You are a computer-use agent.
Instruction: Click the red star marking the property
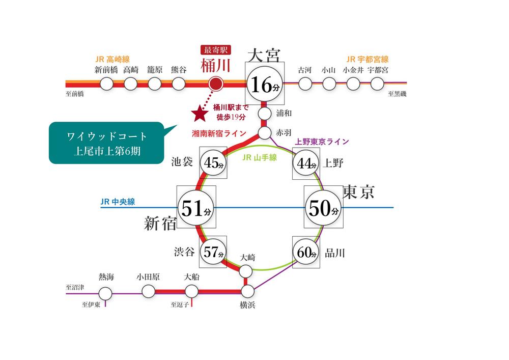tap(200, 113)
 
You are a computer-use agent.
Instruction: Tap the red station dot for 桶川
tap(216, 84)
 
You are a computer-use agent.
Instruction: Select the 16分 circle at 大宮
tap(265, 84)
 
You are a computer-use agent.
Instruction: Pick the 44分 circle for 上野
tap(306, 163)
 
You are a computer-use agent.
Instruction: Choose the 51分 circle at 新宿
tap(196, 207)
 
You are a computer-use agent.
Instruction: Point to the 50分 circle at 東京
tap(323, 207)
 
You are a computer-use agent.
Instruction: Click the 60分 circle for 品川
tap(306, 252)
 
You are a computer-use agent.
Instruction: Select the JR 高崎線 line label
tap(112, 60)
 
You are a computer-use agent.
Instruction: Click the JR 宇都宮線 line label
tap(367, 60)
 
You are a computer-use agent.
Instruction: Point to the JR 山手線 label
tap(260, 158)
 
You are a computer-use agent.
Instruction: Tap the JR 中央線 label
tap(118, 202)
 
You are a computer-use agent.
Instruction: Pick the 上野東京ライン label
tap(322, 142)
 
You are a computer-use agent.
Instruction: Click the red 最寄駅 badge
tap(215, 50)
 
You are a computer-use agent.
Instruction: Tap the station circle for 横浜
tap(248, 291)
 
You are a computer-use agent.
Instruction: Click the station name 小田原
tap(148, 277)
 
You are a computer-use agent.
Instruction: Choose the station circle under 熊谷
tap(179, 84)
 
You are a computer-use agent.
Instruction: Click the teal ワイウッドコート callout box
tap(106, 143)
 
